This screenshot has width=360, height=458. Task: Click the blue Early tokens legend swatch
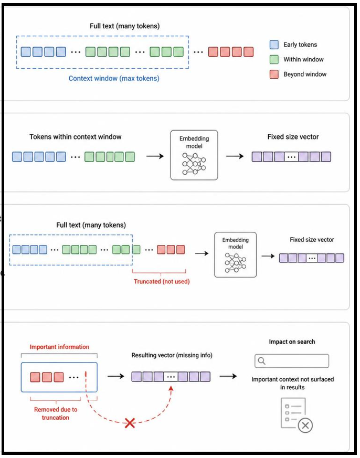[x=274, y=45]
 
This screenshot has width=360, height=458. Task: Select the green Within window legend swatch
[x=274, y=60]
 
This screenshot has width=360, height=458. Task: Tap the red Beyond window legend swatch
[x=274, y=74]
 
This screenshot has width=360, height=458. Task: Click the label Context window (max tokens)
[x=114, y=79]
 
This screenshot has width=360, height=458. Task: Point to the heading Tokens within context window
[x=76, y=137]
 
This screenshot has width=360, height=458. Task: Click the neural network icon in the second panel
[x=194, y=164]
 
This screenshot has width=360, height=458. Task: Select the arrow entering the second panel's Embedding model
[x=155, y=156]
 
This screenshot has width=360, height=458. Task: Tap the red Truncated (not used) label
[x=162, y=282]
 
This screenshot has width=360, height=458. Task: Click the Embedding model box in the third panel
[x=235, y=254]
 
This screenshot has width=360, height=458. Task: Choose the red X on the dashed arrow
[x=130, y=423]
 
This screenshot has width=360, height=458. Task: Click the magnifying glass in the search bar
[x=262, y=361]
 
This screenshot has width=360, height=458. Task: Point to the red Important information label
[x=59, y=347]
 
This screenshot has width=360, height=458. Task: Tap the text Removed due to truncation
[x=56, y=413]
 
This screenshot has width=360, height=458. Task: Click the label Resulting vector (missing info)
[x=172, y=356]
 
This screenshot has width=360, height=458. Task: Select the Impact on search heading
[x=292, y=342]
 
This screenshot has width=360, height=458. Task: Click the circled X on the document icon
[x=305, y=425]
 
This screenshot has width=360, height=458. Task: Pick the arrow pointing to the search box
[x=228, y=376]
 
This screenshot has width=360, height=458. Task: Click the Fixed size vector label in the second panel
[x=293, y=137]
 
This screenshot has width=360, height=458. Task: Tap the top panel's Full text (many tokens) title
[x=125, y=26]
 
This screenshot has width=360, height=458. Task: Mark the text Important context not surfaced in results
[x=292, y=383]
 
